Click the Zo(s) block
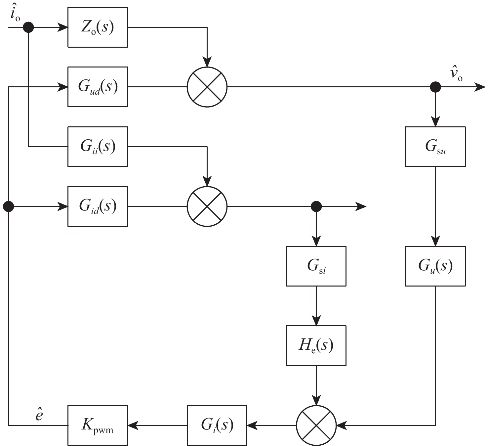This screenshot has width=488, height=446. click(x=98, y=27)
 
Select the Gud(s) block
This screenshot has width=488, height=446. click(x=98, y=87)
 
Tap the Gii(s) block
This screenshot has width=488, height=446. click(x=98, y=147)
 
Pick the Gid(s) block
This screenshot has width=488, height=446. click(x=98, y=206)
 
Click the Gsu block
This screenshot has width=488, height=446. click(x=435, y=147)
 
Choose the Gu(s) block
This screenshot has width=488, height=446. click(x=435, y=266)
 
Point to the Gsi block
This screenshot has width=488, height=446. click(x=316, y=266)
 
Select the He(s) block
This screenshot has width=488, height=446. click(x=316, y=346)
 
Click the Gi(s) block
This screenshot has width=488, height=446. click(x=217, y=425)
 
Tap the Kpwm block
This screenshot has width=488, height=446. click(x=98, y=425)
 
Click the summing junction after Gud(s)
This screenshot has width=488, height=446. click(x=207, y=87)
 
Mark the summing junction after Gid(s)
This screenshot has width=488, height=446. click(x=207, y=206)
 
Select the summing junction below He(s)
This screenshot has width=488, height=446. click(x=316, y=425)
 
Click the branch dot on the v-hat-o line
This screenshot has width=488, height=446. click(x=435, y=87)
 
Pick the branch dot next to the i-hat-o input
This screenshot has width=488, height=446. click(x=28, y=27)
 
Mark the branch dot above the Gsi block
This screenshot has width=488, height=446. click(x=316, y=206)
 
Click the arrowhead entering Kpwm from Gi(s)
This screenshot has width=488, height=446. click(x=132, y=425)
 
